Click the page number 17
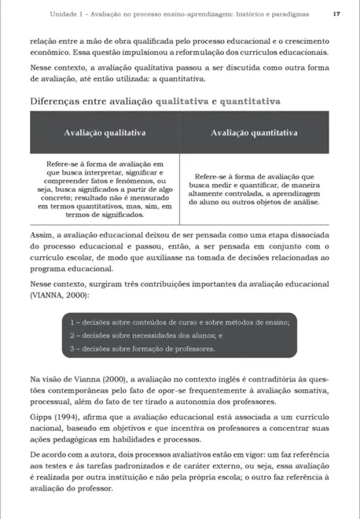coord(336,15)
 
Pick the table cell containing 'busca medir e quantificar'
coord(253,190)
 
